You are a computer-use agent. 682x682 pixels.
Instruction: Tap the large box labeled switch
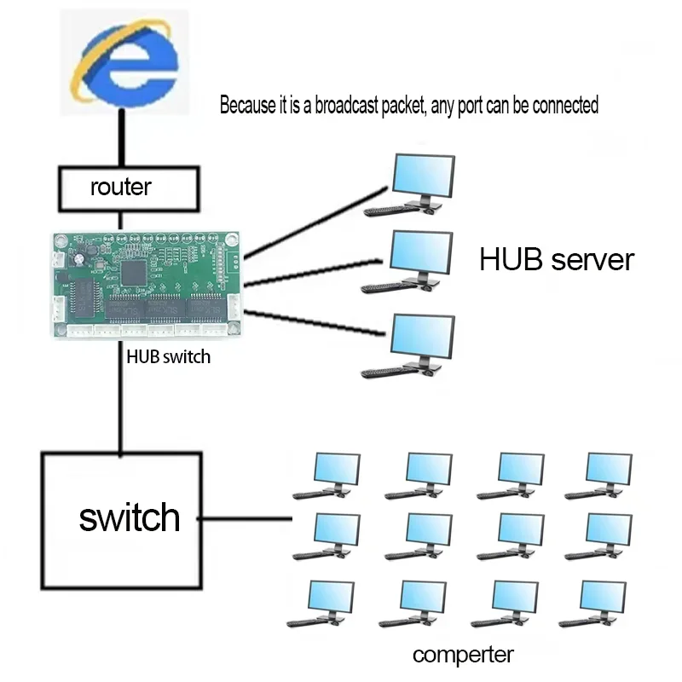[122, 519]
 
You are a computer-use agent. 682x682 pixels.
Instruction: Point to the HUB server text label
[556, 259]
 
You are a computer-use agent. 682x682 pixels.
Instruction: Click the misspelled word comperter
[463, 655]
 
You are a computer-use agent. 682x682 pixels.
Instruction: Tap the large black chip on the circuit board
[135, 273]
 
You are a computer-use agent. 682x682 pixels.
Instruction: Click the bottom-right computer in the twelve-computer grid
[600, 604]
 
